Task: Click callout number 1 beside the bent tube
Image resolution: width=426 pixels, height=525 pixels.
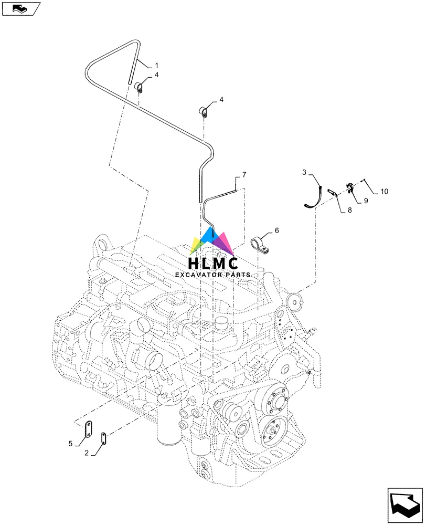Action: coord(156,65)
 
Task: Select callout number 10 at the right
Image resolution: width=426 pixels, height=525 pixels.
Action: coord(384,192)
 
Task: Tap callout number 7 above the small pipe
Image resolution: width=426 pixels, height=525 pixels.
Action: coord(243,174)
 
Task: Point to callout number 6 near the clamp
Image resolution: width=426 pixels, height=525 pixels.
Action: coord(276,230)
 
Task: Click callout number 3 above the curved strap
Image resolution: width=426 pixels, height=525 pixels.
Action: coord(304,172)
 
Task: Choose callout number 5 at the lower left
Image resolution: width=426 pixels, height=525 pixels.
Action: coord(70,444)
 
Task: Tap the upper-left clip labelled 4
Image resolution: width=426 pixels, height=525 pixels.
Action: coord(140,87)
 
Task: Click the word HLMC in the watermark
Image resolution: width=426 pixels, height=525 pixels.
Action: coord(214,264)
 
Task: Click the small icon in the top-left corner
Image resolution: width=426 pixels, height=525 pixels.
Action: coord(20,8)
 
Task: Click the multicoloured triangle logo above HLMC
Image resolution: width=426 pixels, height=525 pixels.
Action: coord(212,241)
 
